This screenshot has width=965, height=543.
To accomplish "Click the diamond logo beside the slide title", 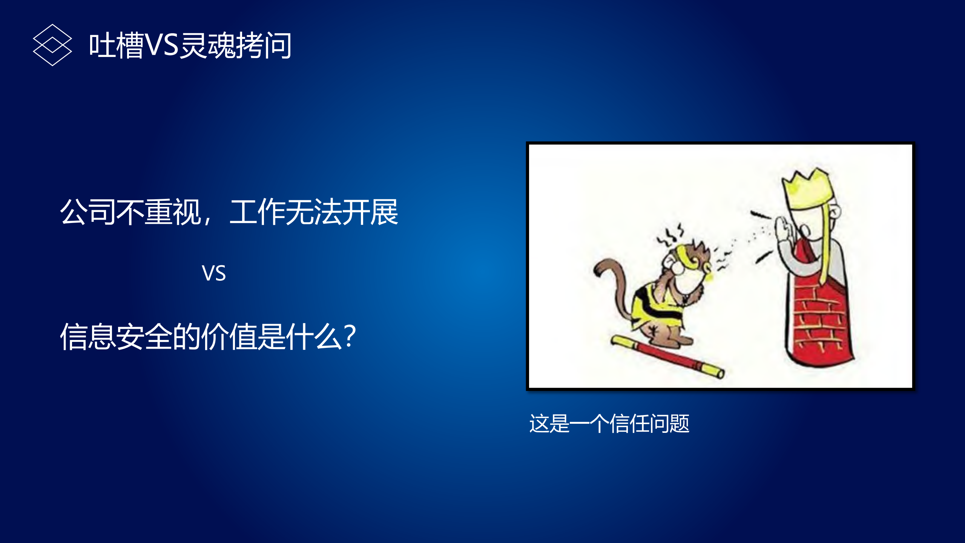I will click(x=52, y=45).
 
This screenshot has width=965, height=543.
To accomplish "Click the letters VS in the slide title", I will click(x=161, y=45).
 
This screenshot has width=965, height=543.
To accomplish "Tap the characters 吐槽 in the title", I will click(x=116, y=45).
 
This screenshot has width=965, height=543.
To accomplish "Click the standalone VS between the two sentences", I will click(x=213, y=273).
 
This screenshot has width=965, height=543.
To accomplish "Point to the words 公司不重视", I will click(x=130, y=212).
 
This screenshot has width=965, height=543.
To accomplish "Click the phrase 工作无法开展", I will click(x=314, y=212).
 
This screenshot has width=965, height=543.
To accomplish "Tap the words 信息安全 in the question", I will click(x=116, y=337).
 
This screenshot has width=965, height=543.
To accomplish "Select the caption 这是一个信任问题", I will click(x=609, y=423).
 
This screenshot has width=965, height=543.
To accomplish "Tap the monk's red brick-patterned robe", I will click(x=818, y=321).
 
